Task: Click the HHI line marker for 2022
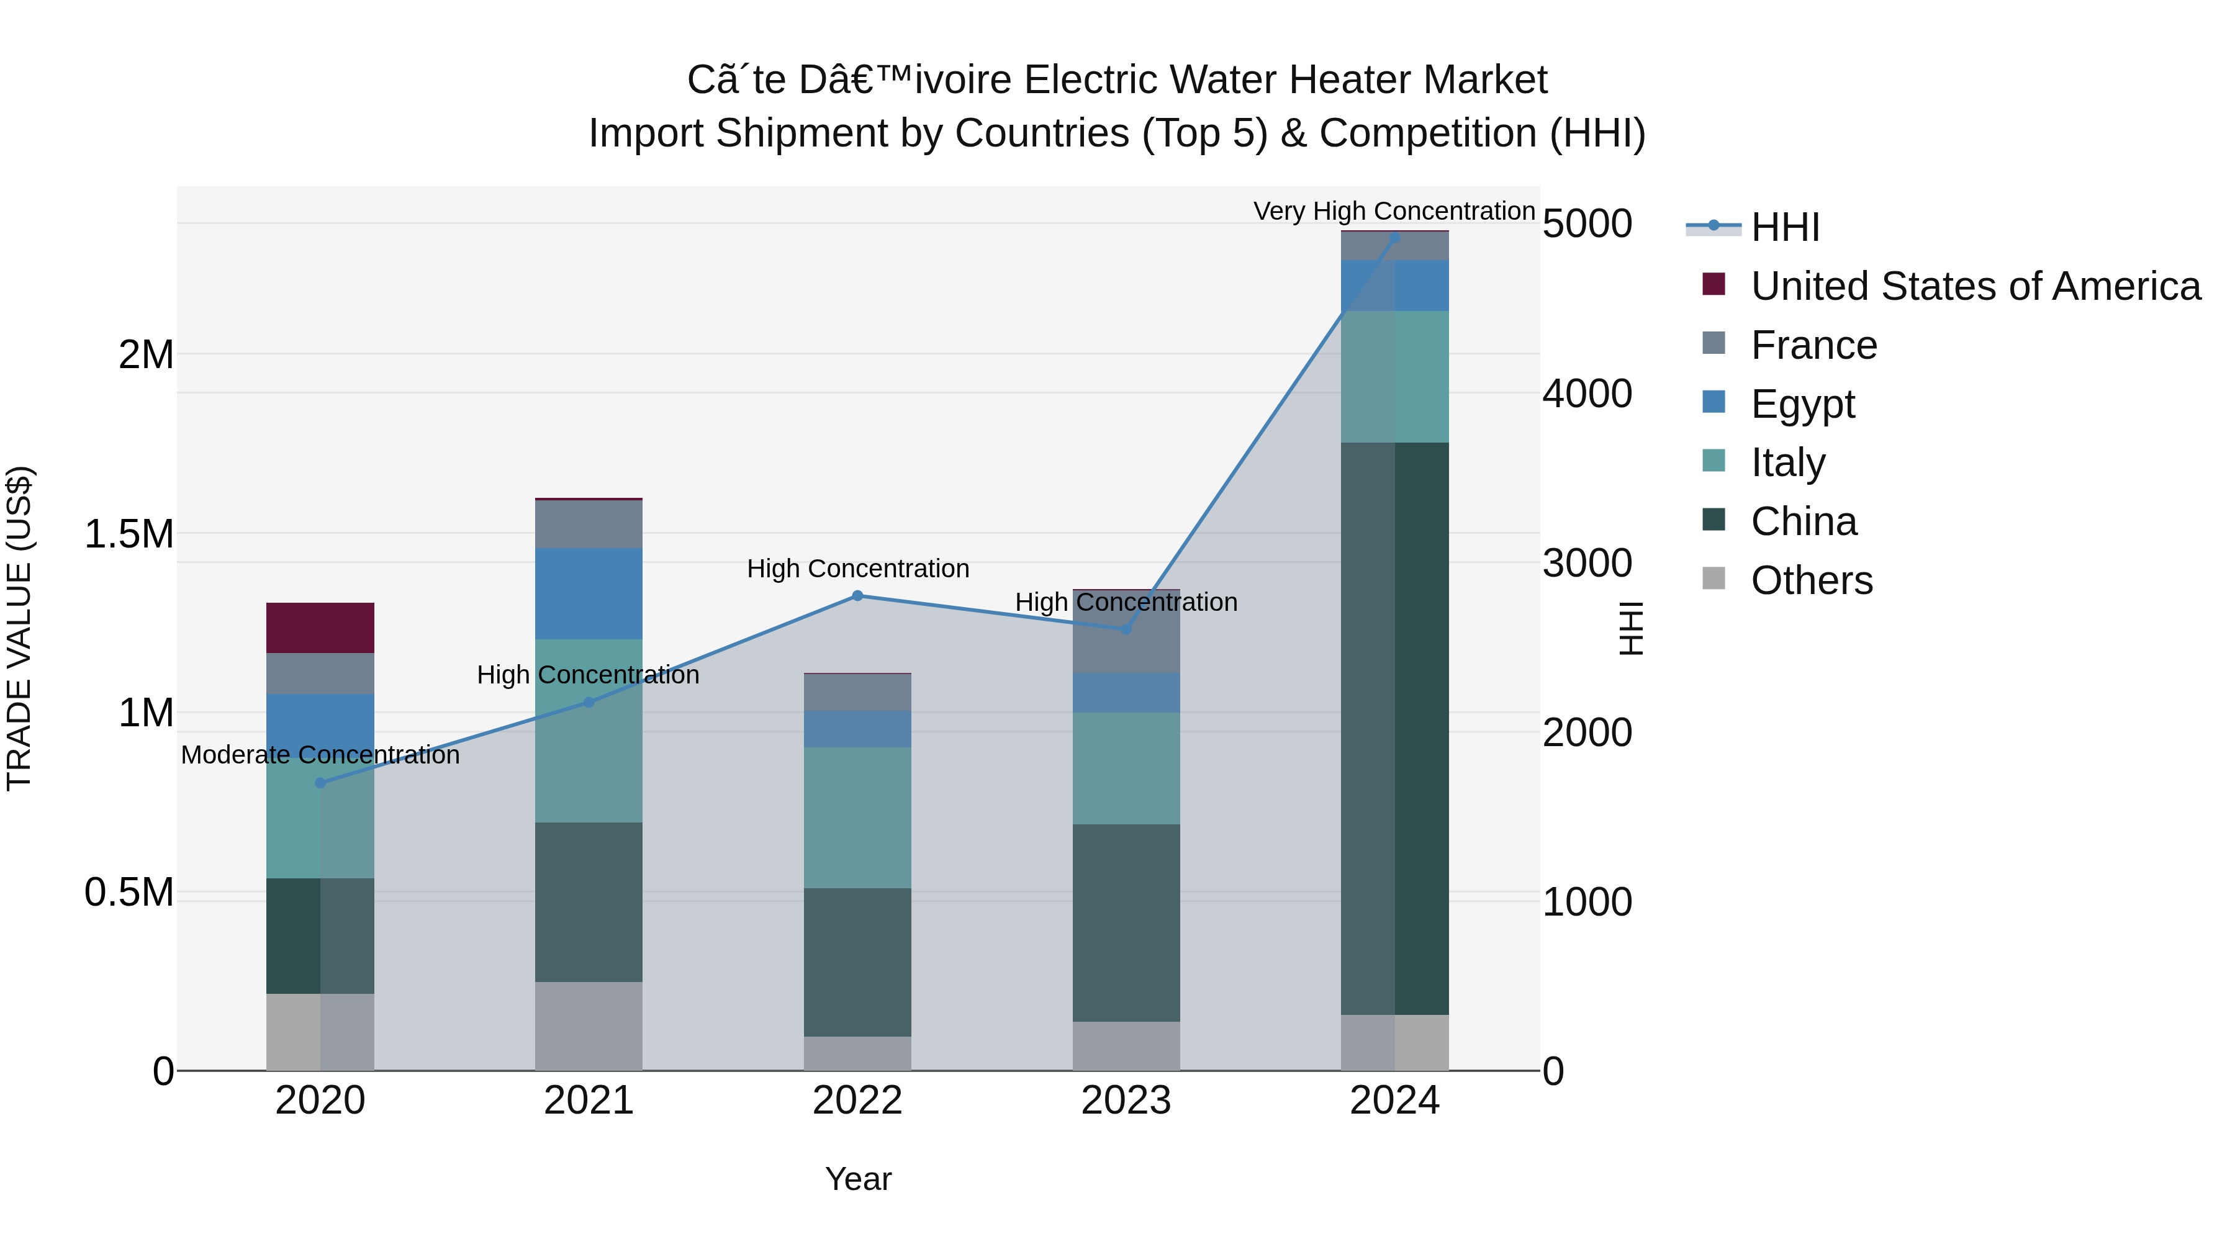(x=857, y=596)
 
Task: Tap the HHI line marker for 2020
(x=320, y=783)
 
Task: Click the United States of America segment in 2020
(x=320, y=628)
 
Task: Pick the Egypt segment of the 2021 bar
(x=589, y=594)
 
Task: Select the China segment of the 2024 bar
(x=1395, y=729)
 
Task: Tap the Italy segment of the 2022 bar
(x=857, y=818)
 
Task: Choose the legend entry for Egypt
(x=1803, y=404)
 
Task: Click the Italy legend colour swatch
(x=1713, y=461)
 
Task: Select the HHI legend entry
(x=1786, y=227)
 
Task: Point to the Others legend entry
(x=1812, y=580)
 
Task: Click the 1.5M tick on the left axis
(x=129, y=534)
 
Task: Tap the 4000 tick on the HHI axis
(x=1587, y=394)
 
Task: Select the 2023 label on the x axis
(x=1126, y=1101)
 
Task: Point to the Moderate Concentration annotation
(x=320, y=755)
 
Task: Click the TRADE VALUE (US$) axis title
(x=19, y=628)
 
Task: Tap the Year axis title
(x=857, y=1179)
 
